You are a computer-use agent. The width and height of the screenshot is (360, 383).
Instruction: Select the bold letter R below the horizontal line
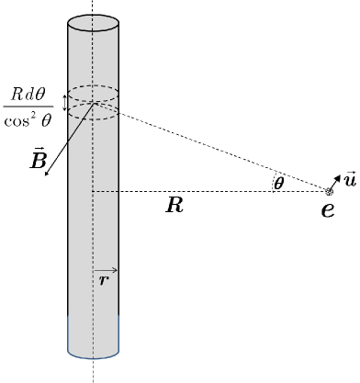tap(174, 206)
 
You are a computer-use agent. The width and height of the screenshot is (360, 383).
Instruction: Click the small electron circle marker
tap(330, 191)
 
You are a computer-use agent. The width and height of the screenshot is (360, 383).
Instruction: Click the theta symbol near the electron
tap(278, 184)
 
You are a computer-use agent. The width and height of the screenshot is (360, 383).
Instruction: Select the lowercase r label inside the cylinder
tap(102, 280)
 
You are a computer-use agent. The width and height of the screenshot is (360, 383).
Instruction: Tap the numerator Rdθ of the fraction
tap(32, 96)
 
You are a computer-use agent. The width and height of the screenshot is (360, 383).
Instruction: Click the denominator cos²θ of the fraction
tap(32, 120)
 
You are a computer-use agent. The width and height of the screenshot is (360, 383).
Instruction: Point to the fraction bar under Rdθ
tap(32, 107)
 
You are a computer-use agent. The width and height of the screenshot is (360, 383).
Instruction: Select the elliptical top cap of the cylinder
tap(93, 21)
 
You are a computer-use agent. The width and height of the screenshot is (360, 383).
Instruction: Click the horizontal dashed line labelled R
tap(211, 192)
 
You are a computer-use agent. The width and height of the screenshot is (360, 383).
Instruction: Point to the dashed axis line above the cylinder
tap(93, 7)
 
